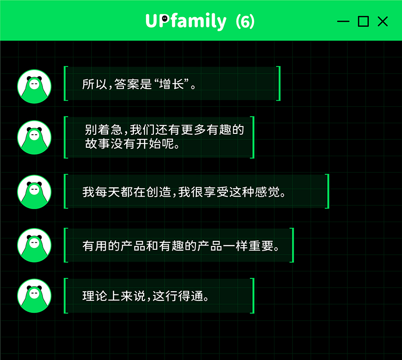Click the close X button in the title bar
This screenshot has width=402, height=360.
coord(383,21)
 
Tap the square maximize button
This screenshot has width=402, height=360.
coord(363,21)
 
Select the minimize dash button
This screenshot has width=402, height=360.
coord(343,22)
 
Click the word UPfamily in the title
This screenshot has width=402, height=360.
coord(186,21)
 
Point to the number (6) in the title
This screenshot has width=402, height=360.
coord(245,21)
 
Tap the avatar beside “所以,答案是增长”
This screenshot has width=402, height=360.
coord(34,86)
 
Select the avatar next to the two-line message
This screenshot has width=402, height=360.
coord(34,137)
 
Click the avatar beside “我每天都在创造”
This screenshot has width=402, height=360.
coord(34,192)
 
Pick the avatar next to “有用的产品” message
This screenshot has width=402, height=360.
coord(34,245)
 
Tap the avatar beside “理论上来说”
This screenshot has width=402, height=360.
coord(34,296)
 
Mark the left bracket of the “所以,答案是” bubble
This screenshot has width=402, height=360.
coord(66,84)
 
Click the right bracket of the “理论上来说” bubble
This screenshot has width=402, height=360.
coord(252,296)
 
